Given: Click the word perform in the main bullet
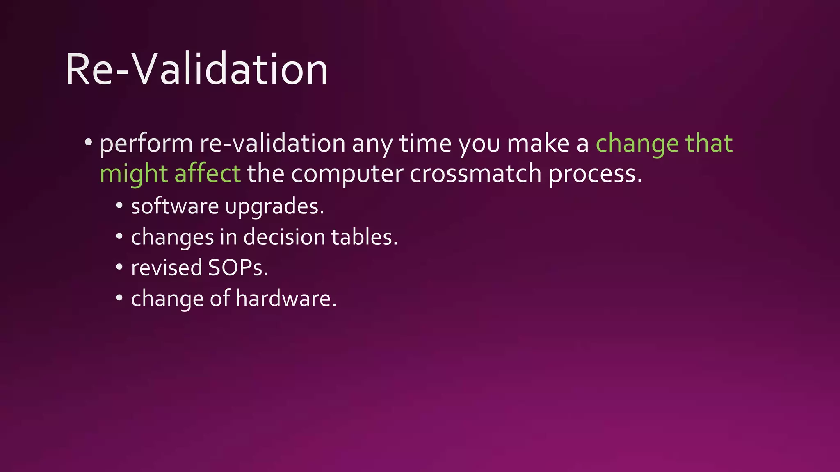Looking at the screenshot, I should (x=146, y=144).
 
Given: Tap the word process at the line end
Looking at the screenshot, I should (x=595, y=174).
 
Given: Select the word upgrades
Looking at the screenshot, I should (x=274, y=207).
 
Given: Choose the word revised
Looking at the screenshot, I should (x=167, y=268).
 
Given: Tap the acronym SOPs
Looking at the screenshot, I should (x=237, y=268).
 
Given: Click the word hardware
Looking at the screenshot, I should (x=286, y=298).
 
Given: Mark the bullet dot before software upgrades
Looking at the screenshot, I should (x=119, y=206).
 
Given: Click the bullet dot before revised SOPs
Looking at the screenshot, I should (x=119, y=267).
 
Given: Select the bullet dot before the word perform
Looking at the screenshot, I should (x=88, y=143).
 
